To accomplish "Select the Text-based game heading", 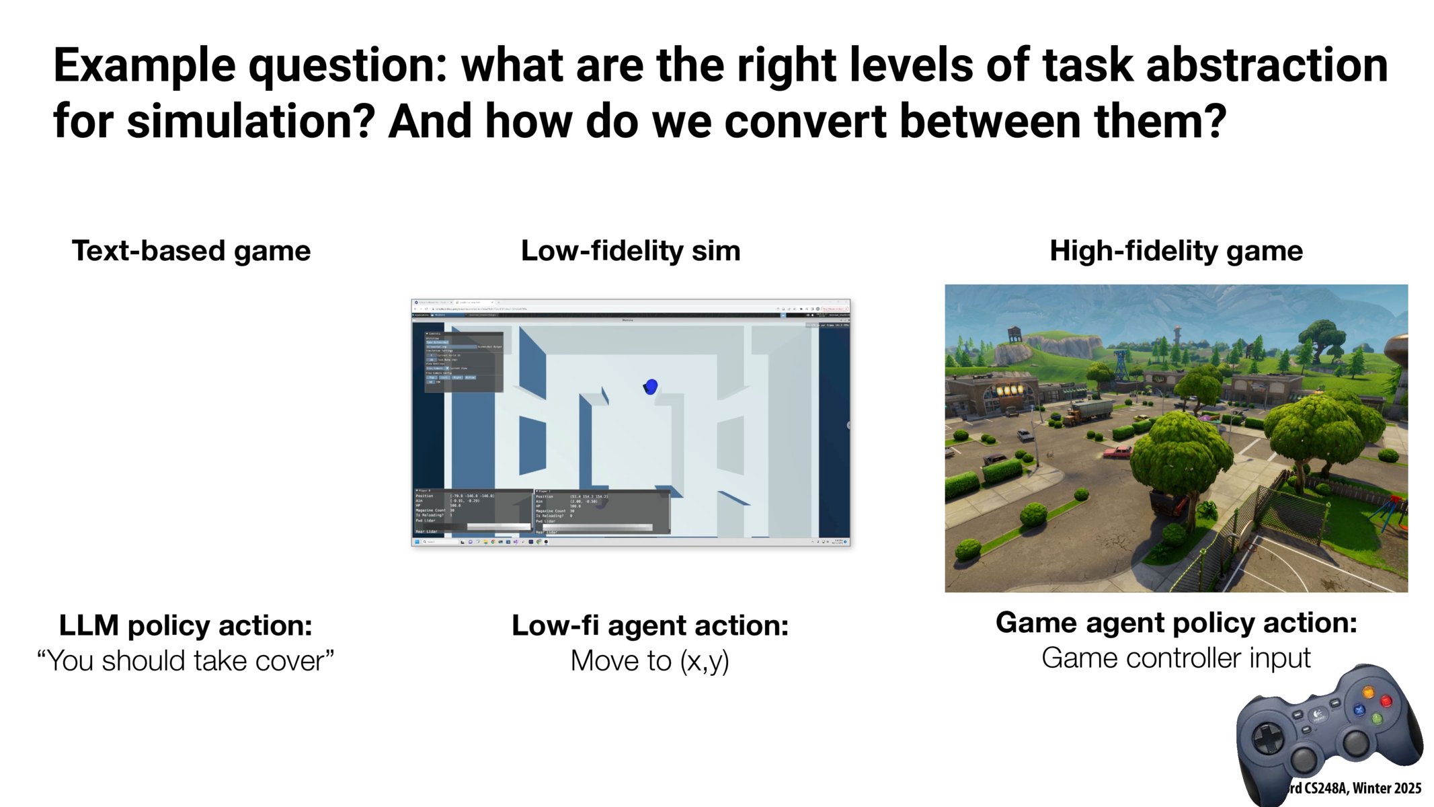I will [x=191, y=251].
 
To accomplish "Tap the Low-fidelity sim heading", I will [x=630, y=251].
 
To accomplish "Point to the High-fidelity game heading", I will [x=1176, y=251].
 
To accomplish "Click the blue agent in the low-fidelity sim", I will [x=651, y=386].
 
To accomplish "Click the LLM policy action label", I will [x=186, y=625].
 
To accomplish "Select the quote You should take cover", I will [x=186, y=661].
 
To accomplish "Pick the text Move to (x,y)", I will [x=649, y=661].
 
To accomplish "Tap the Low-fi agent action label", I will [x=649, y=625].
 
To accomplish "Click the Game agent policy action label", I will [x=1176, y=623].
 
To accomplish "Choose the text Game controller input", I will [x=1176, y=658].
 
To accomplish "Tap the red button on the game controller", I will [x=1386, y=702].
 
